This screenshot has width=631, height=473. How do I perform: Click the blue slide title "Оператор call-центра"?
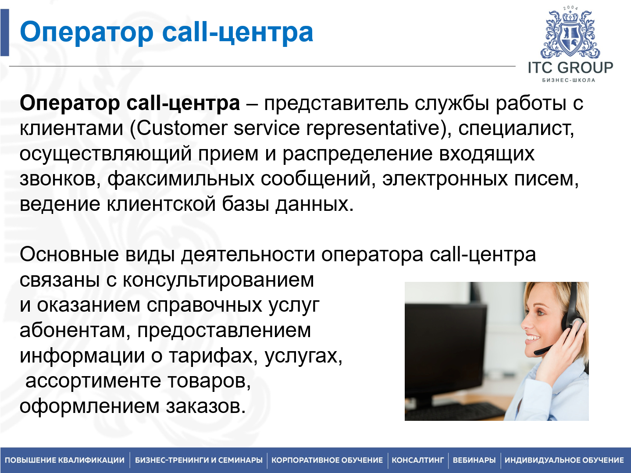tap(167, 32)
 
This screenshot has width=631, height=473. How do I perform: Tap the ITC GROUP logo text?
tap(570, 68)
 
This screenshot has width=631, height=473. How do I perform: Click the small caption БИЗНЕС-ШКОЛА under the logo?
tap(569, 80)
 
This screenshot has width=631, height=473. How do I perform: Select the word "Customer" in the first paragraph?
tap(182, 128)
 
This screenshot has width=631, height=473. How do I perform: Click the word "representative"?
tap(373, 128)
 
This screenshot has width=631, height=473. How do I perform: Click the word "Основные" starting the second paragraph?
tap(69, 255)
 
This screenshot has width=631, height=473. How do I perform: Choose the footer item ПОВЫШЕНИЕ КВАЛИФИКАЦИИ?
tap(65, 460)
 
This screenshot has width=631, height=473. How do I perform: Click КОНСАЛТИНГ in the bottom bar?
tap(417, 460)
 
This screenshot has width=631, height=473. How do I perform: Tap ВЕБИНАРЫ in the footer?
tap(474, 460)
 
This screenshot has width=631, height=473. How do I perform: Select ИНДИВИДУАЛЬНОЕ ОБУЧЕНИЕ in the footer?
tap(564, 460)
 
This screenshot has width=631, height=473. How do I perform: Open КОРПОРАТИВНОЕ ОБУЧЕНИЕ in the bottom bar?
tap(327, 460)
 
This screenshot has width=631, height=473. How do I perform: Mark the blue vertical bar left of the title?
tap(4, 32)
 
